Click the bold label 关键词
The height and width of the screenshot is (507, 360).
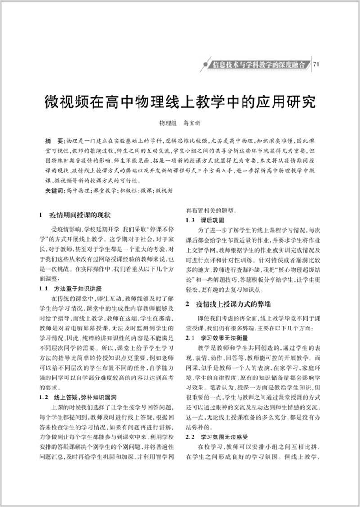54,191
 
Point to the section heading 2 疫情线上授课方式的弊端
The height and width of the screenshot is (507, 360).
228,304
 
